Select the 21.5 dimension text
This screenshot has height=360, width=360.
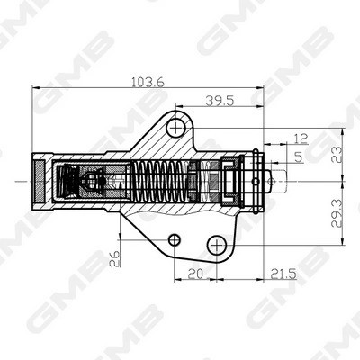(285, 273)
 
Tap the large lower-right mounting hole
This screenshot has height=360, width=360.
(216, 245)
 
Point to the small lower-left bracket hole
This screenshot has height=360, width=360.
(175, 238)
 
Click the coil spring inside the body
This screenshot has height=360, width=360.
(161, 181)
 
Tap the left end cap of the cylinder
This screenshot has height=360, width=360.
(40, 181)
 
